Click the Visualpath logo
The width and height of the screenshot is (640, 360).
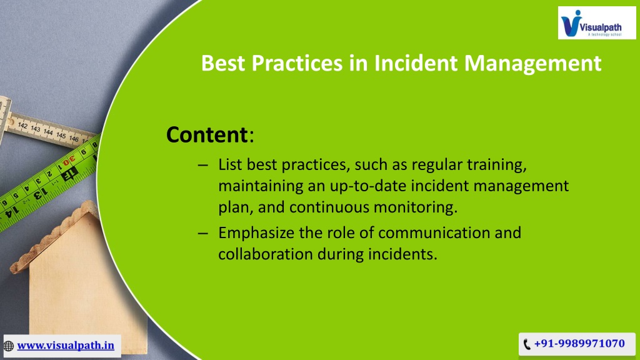597,23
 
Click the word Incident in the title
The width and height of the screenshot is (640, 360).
416,63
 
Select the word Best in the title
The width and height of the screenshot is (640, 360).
224,63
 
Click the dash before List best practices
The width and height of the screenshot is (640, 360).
203,165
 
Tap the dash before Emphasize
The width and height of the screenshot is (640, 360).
203,234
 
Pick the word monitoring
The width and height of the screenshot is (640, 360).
416,207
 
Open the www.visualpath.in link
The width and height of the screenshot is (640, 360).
65,345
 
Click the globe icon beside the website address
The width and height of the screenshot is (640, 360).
9,346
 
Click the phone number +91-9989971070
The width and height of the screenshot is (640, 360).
579,344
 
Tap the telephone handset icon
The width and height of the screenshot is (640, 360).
527,344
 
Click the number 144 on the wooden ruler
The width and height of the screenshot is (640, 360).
48,132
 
